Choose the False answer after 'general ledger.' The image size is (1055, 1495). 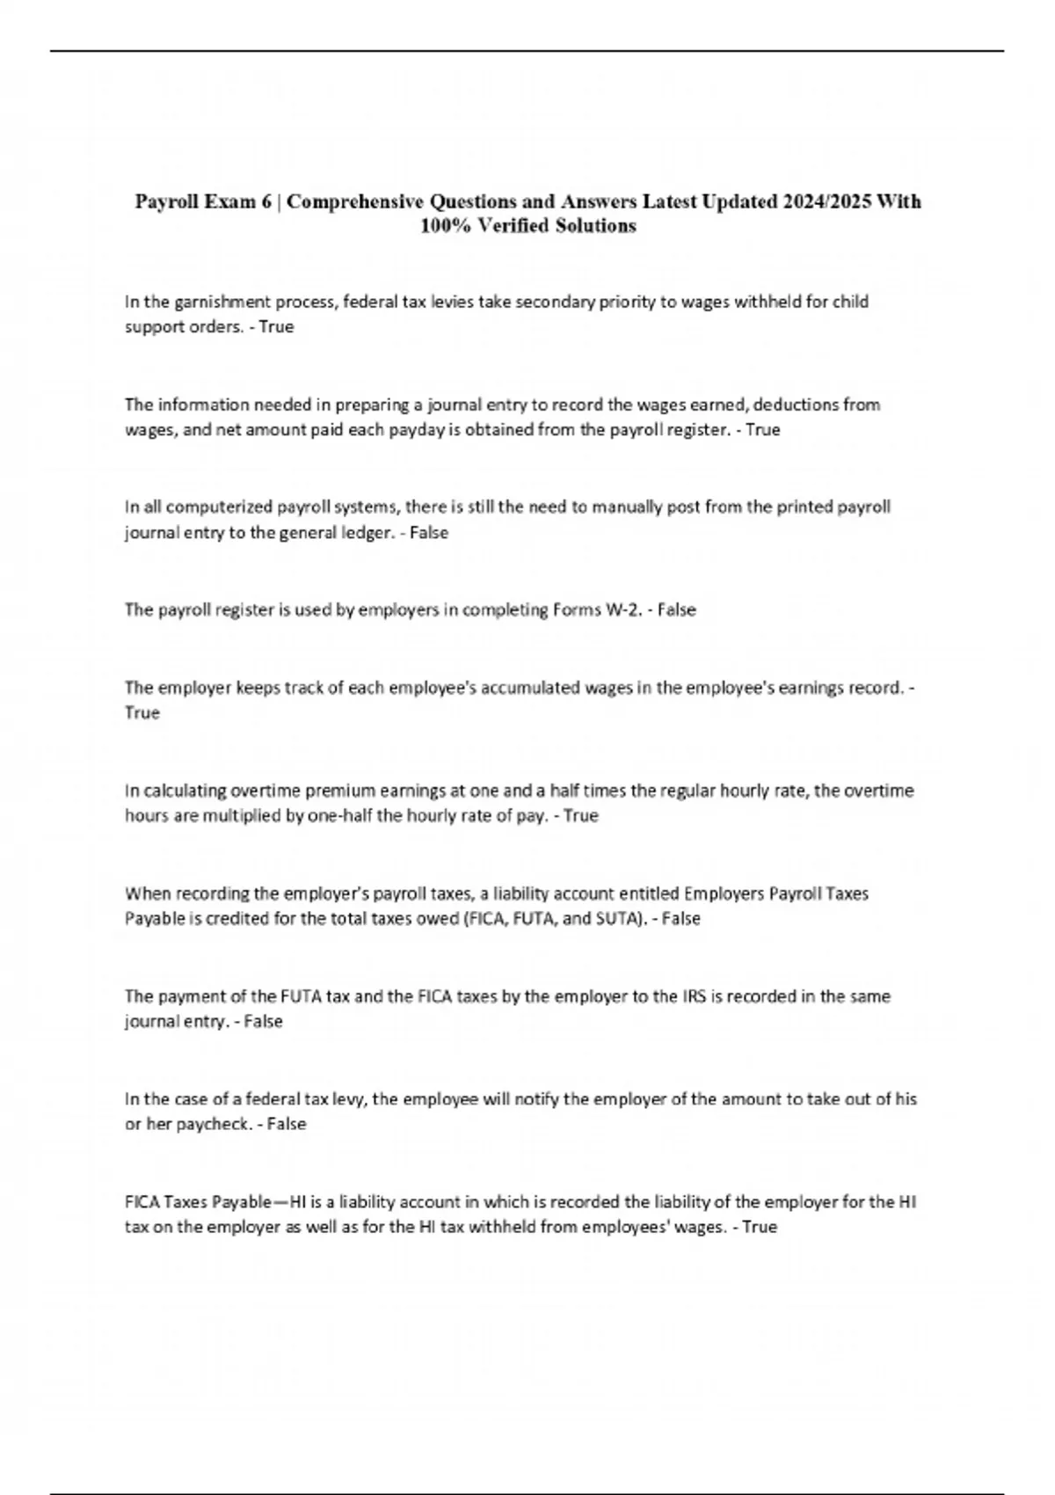coord(429,533)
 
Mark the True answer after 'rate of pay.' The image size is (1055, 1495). coord(580,816)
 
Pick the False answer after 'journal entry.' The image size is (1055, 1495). coord(263,1022)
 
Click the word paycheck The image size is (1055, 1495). coord(213,1125)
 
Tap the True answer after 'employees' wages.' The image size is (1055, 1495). coord(760,1228)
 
